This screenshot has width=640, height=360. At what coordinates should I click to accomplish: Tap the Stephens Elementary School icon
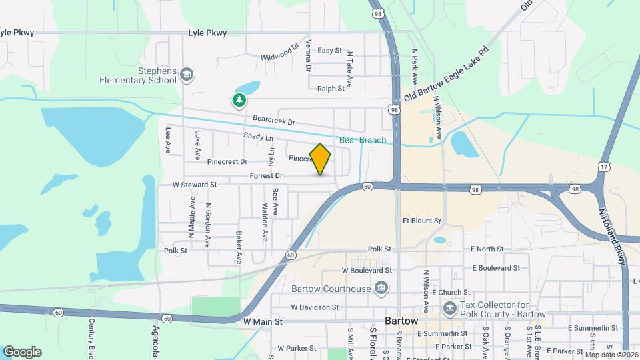[187, 74]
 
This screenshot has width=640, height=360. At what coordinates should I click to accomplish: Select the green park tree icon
[239, 101]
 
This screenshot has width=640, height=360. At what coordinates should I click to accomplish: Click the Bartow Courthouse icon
[381, 289]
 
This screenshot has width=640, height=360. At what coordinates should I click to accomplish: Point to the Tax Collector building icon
[449, 309]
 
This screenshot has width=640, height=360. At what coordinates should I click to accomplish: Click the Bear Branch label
[363, 140]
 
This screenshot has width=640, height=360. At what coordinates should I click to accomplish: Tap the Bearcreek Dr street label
[273, 122]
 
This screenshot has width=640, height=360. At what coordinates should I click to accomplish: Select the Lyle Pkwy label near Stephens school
[207, 33]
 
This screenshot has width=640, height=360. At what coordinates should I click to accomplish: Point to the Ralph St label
[331, 88]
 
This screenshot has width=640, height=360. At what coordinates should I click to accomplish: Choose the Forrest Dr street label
[266, 176]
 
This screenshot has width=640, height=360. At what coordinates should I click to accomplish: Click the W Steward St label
[195, 185]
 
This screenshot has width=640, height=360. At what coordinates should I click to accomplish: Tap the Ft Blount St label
[421, 221]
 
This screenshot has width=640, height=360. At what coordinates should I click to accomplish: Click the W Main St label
[263, 321]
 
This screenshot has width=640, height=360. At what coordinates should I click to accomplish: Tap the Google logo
[22, 352]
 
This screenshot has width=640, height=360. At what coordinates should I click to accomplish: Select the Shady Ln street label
[259, 138]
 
